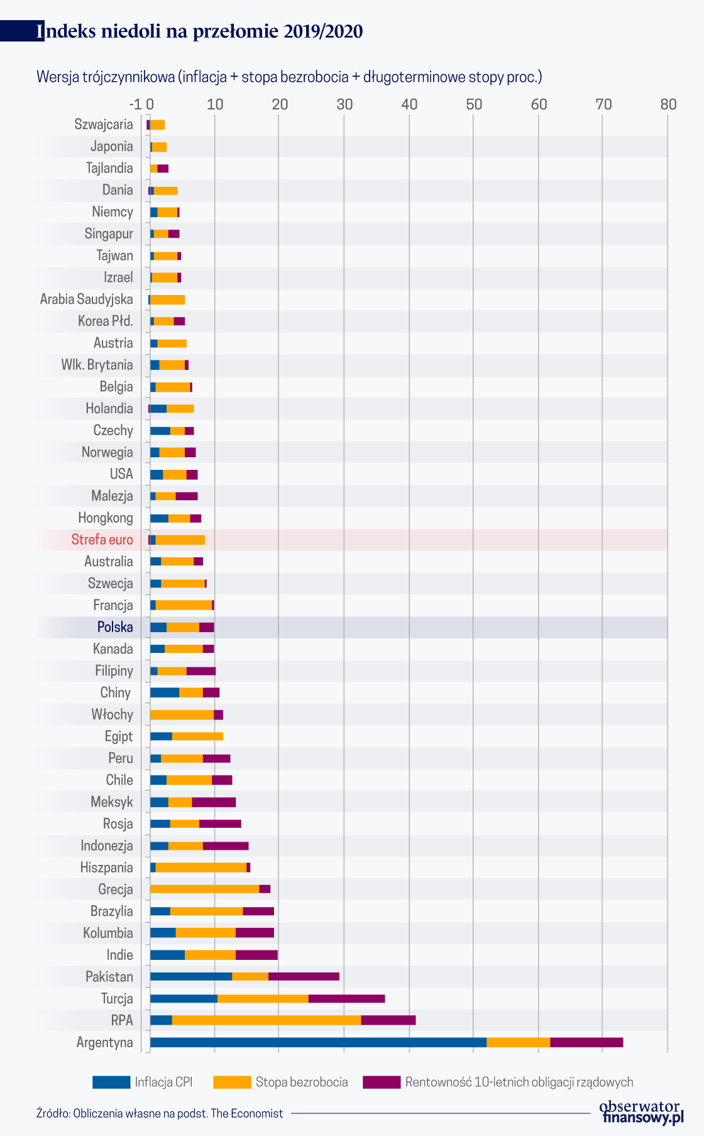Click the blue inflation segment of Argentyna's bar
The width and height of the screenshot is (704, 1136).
click(x=317, y=1042)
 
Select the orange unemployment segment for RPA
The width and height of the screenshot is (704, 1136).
click(x=267, y=1020)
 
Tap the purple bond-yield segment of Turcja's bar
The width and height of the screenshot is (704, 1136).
click(x=346, y=998)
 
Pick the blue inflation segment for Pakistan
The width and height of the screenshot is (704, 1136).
click(x=190, y=976)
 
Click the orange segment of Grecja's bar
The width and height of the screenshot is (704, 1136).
click(x=204, y=889)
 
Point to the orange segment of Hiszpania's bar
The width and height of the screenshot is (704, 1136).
click(x=201, y=867)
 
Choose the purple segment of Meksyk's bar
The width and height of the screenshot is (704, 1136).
click(x=214, y=802)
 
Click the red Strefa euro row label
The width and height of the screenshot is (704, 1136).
click(x=102, y=540)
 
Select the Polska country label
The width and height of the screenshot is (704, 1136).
click(x=115, y=627)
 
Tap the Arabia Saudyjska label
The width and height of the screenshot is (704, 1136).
click(x=87, y=299)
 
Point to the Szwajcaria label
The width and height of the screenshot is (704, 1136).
click(x=104, y=125)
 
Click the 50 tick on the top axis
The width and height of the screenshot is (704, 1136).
click(x=474, y=104)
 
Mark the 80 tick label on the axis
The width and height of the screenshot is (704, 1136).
click(x=668, y=104)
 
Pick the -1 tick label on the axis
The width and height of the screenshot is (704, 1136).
click(x=135, y=104)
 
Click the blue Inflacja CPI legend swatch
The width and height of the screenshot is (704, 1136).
click(x=111, y=1082)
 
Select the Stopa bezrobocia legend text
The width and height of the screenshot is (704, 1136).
click(x=301, y=1082)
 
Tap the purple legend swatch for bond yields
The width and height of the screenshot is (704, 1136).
click(x=382, y=1082)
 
